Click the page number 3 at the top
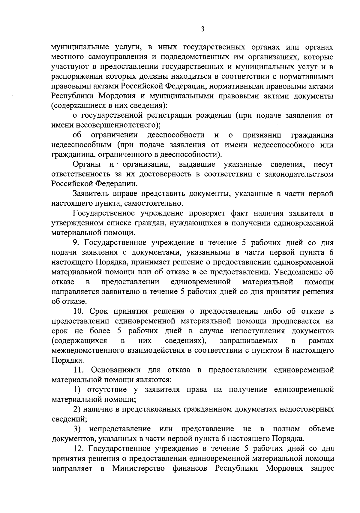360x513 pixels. click(202, 29)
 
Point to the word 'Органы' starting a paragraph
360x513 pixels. click(87, 164)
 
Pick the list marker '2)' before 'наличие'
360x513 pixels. click(77, 409)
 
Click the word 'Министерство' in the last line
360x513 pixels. click(138, 468)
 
